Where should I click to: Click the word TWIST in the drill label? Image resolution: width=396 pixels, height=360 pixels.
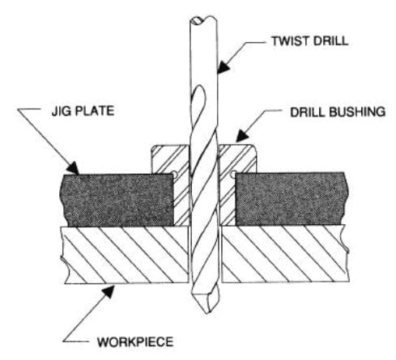pos(289,41)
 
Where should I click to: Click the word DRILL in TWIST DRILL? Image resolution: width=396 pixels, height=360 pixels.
pos(330,41)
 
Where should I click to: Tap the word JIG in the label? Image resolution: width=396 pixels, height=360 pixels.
pos(61,111)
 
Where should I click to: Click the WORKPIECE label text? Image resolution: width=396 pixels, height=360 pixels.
pos(135,342)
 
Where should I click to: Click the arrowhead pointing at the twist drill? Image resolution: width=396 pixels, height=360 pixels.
pos(223,66)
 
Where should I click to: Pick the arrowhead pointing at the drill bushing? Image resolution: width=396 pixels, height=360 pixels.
pos(242,136)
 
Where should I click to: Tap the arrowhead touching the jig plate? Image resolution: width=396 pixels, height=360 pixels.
pos(73,167)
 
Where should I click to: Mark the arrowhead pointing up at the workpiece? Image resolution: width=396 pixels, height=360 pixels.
pos(109,291)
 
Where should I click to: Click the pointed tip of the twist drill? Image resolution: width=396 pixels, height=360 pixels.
pos(207,314)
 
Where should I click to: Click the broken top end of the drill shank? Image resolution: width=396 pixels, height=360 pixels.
pos(203,19)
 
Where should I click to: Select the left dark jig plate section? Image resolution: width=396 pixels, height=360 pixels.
pos(117,200)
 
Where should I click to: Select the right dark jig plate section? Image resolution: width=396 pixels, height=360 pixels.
pos(292,199)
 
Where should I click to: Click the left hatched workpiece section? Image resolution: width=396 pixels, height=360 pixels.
pos(125,255)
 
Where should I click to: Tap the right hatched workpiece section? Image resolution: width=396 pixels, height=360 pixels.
pos(286,253)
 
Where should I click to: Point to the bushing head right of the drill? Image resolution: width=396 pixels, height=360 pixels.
pos(237,159)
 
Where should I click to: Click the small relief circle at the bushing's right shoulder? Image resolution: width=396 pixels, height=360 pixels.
pos(233,175)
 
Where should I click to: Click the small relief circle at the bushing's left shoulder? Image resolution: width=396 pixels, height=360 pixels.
pos(175,175)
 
